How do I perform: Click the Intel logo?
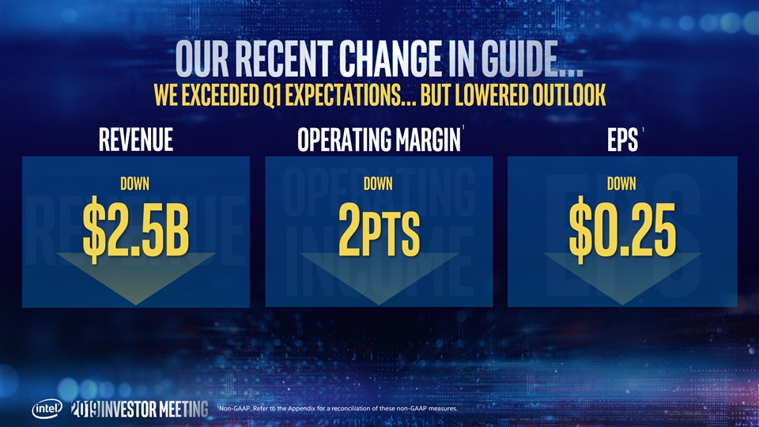pos(47,409)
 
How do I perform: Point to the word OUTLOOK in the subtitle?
pos(569,95)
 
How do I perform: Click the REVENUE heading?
pos(136,140)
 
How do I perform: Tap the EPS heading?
pos(622,140)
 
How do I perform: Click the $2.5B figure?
pos(136,229)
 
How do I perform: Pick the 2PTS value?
pos(379,229)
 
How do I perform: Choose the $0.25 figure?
pos(622,229)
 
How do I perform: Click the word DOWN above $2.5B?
pos(135,183)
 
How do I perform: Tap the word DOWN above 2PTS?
pos(379,183)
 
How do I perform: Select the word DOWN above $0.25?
pos(622,183)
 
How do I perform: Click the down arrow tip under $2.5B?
pos(136,304)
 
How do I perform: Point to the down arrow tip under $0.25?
pos(622,304)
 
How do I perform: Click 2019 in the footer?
pos(85,409)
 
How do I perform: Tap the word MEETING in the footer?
pos(184,409)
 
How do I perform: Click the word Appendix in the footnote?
pos(301,409)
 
